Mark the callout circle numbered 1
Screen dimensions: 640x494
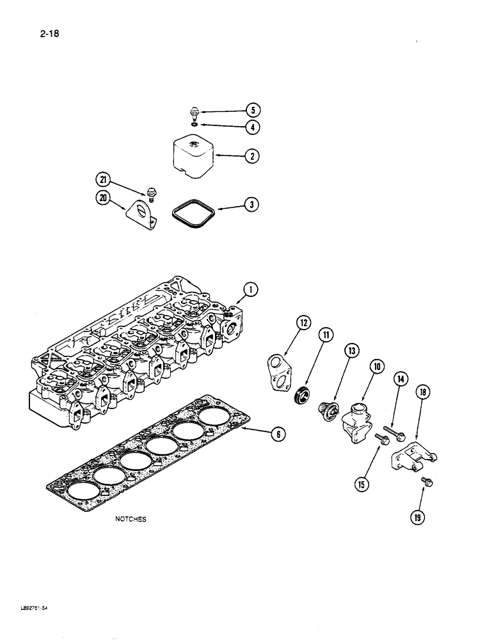tap(252, 291)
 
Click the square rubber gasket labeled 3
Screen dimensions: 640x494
tap(192, 211)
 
